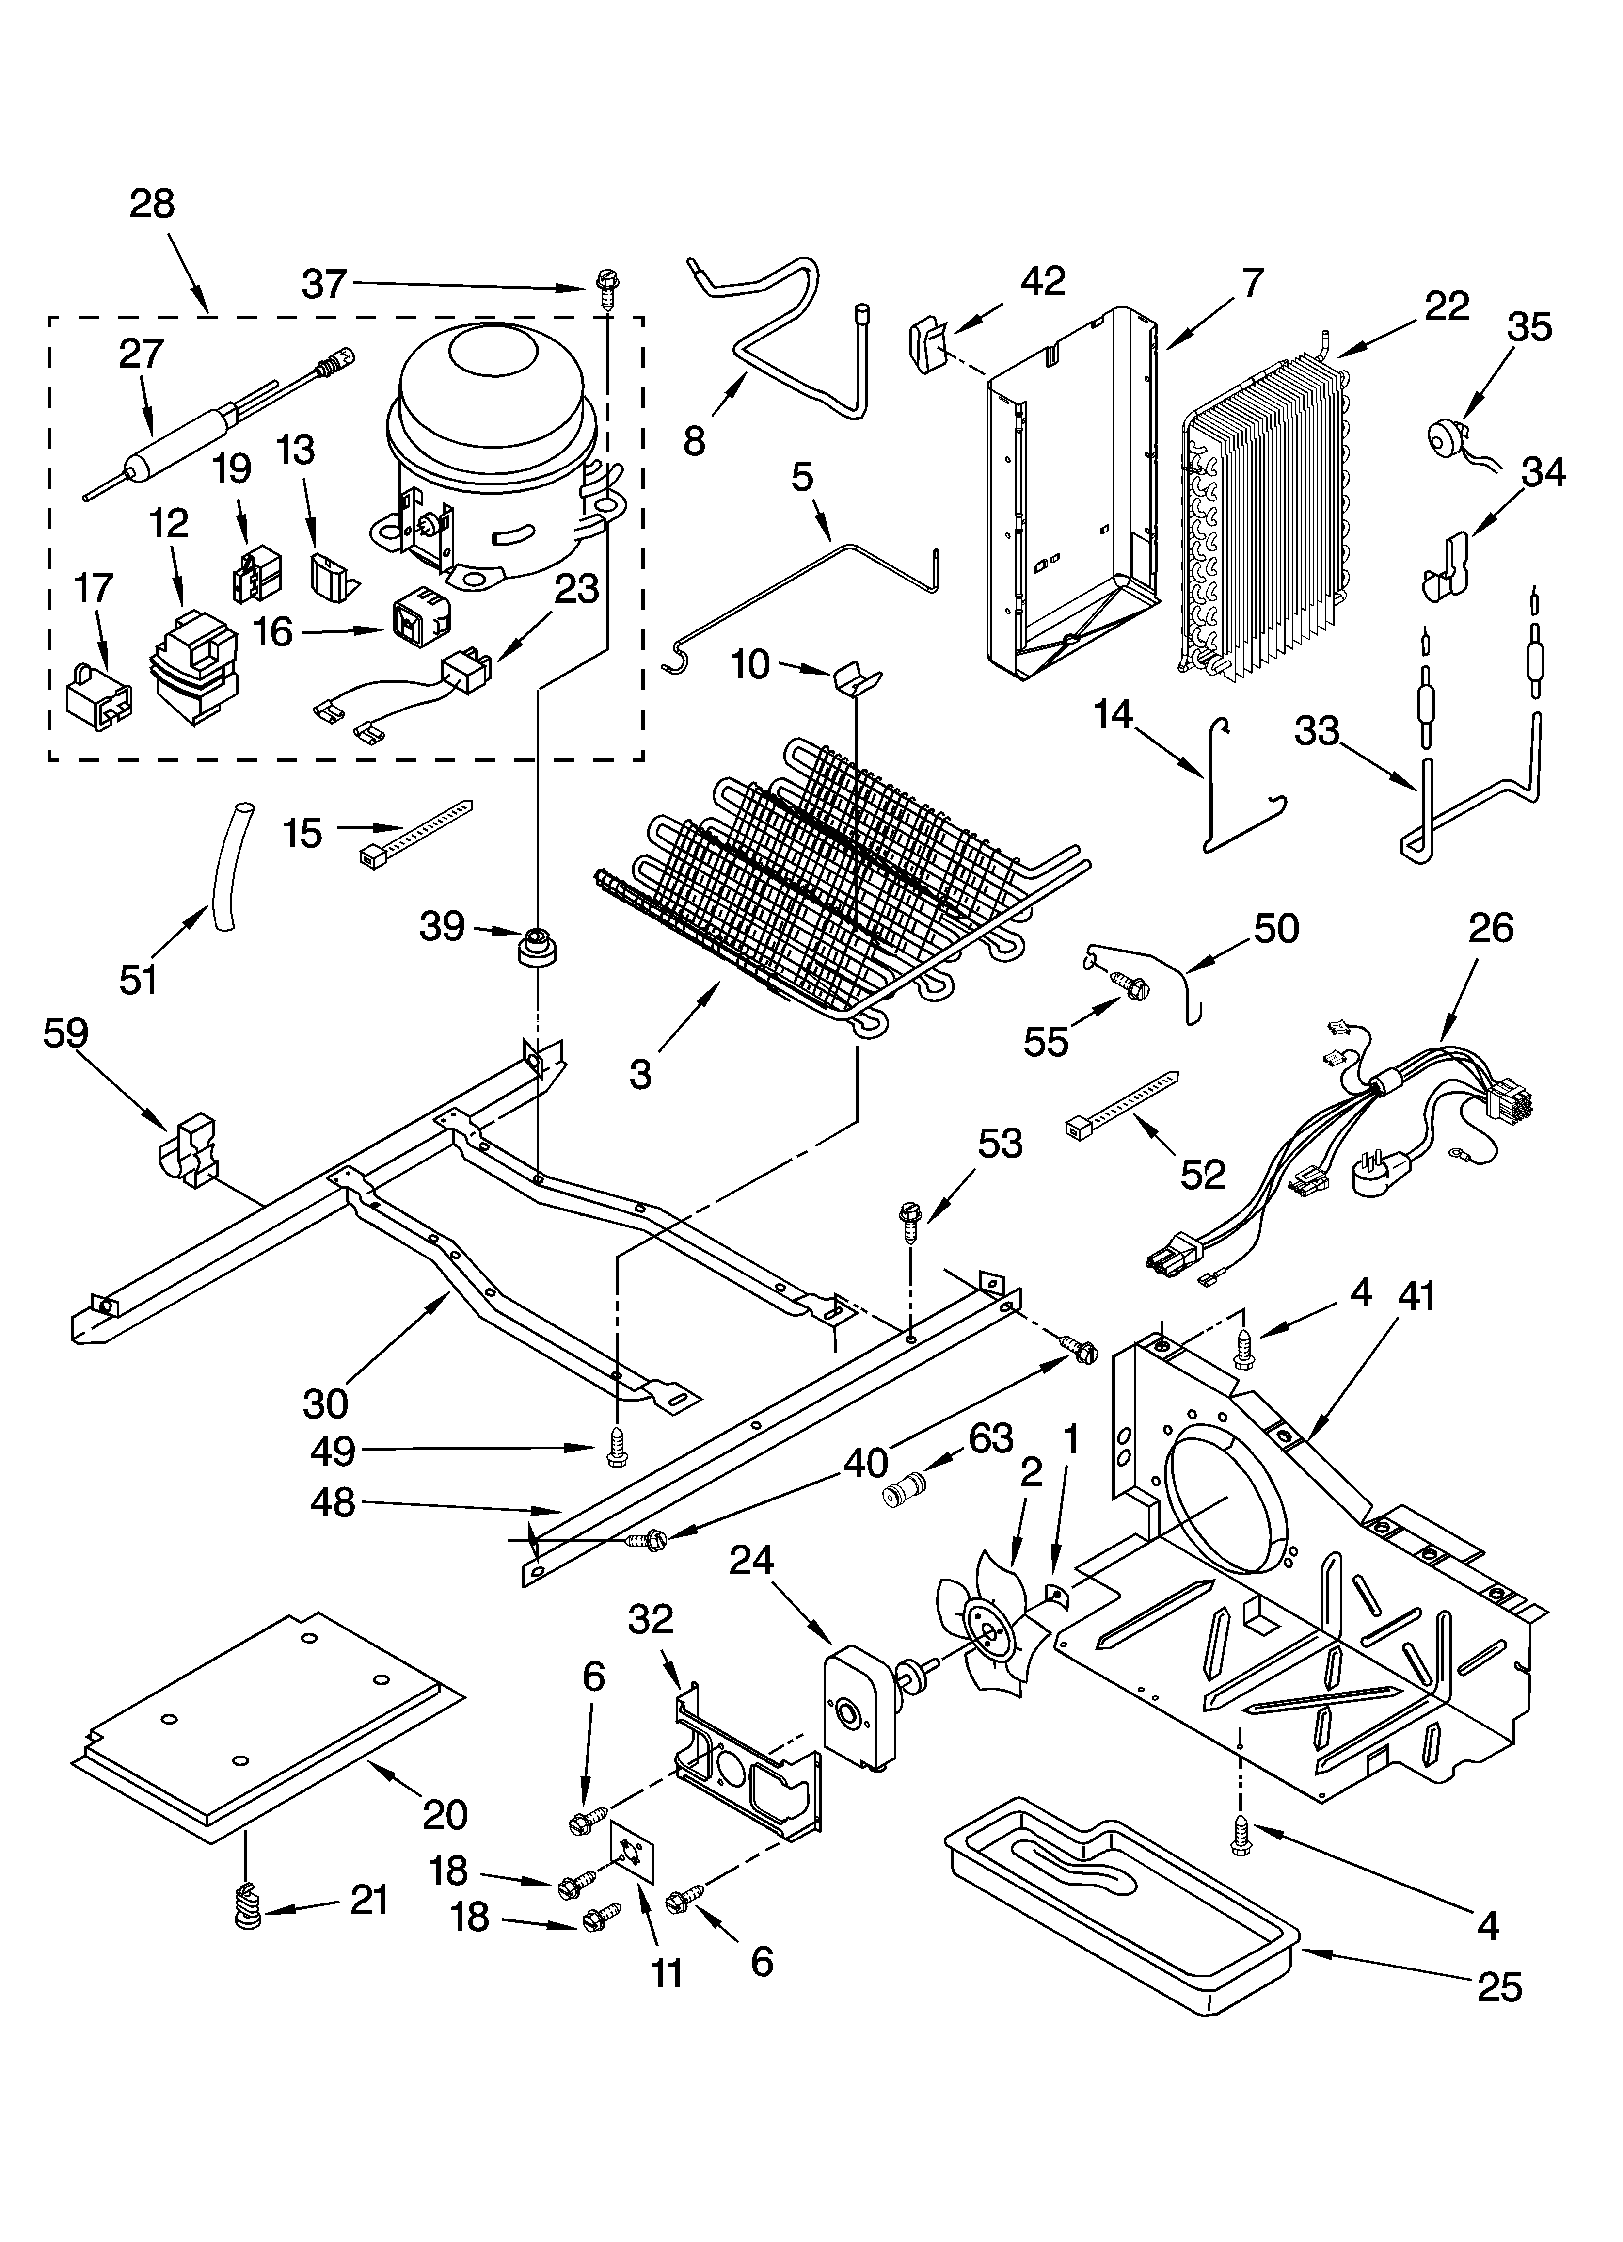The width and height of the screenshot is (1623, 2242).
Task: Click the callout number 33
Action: [x=1317, y=732]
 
